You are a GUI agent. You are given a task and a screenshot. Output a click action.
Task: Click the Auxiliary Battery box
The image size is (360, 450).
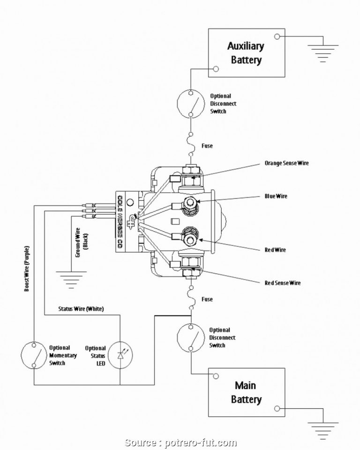click(x=247, y=52)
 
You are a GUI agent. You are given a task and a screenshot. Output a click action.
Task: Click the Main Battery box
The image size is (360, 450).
click(x=247, y=392)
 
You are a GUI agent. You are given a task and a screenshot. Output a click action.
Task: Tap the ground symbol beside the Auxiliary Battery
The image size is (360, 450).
click(x=322, y=52)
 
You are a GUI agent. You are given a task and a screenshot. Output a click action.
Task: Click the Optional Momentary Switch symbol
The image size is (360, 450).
click(x=35, y=355)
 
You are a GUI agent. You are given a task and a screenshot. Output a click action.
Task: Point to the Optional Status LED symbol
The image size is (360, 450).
click(x=121, y=355)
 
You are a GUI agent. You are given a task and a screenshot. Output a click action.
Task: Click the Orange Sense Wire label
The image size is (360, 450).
click(x=286, y=163)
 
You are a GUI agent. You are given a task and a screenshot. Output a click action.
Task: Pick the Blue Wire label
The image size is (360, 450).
click(x=276, y=196)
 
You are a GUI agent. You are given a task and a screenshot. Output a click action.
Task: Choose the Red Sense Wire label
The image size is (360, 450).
click(x=282, y=283)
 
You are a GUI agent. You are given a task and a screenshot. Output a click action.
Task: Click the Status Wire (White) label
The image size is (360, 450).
click(x=81, y=309)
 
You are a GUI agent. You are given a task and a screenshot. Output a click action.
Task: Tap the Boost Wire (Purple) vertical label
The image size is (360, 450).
click(x=27, y=268)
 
